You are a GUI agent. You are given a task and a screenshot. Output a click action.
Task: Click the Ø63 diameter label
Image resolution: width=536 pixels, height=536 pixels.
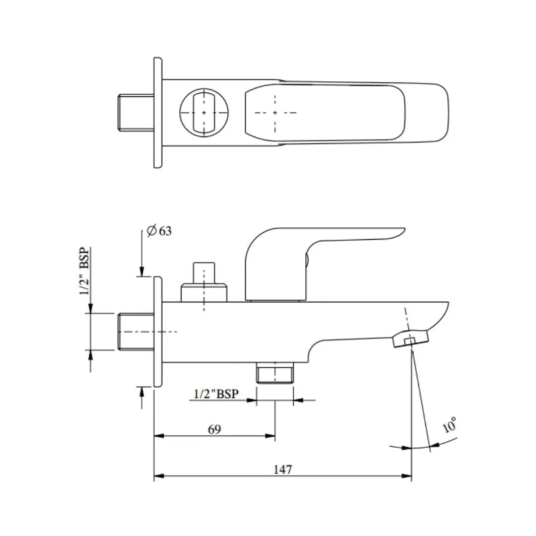[159, 231]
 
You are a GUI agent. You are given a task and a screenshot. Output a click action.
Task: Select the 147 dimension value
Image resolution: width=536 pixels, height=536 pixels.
[283, 469]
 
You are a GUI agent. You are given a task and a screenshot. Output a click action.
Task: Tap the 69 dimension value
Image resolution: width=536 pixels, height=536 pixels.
[214, 429]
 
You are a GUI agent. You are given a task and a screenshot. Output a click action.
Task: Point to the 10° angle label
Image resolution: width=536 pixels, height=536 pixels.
[450, 425]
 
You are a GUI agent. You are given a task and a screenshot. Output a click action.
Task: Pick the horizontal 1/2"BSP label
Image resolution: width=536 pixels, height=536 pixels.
[216, 394]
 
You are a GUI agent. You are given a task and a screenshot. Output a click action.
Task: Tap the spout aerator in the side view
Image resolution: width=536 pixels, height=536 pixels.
[410, 340]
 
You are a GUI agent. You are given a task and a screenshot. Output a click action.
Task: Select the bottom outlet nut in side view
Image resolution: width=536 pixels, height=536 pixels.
[275, 373]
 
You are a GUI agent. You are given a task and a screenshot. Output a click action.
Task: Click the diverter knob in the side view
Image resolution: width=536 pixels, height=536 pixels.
[204, 283]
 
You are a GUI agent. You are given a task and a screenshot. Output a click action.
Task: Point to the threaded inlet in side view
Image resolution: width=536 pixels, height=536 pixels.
[136, 332]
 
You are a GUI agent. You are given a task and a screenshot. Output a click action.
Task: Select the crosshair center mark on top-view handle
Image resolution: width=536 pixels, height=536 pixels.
[275, 113]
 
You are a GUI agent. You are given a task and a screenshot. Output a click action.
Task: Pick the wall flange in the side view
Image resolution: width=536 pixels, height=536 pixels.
[157, 332]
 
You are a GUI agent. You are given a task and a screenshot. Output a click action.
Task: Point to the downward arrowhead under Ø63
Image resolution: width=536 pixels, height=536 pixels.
[141, 271]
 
